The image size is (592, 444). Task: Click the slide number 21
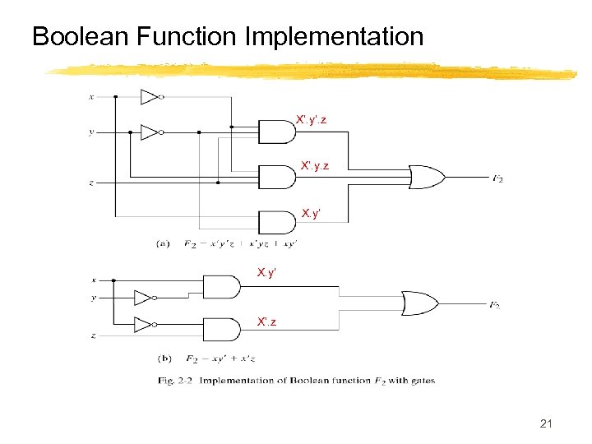click(x=546, y=423)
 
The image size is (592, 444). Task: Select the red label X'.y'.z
click(x=312, y=120)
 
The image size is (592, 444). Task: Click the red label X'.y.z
click(x=314, y=167)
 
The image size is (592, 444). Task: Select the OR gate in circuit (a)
click(x=426, y=176)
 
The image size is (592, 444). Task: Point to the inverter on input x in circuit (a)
click(x=150, y=97)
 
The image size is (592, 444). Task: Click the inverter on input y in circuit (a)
click(x=150, y=132)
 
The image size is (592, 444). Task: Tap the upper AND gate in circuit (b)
click(x=220, y=287)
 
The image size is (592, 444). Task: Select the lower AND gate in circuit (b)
click(x=220, y=330)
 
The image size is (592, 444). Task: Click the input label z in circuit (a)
click(x=91, y=183)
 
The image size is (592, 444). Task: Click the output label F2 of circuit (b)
click(x=494, y=306)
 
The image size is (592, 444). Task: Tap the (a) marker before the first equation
click(x=164, y=243)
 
